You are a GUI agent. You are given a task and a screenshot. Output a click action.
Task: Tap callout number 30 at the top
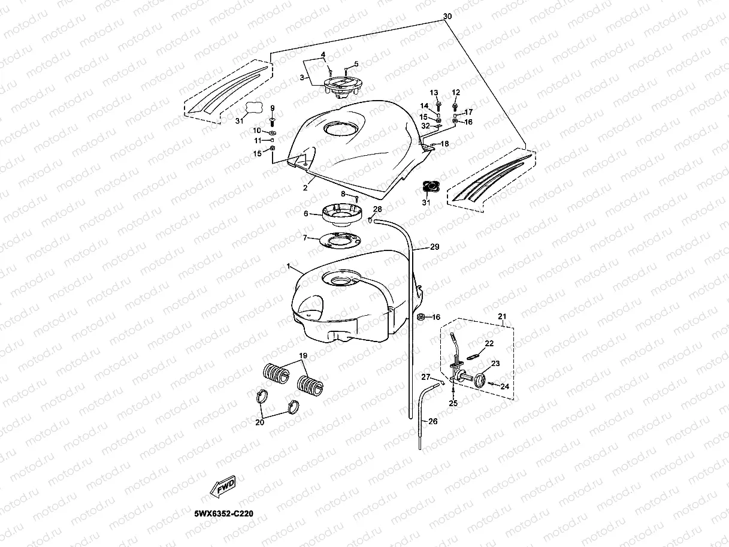(447, 17)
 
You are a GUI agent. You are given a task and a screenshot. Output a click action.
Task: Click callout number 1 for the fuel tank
(288, 265)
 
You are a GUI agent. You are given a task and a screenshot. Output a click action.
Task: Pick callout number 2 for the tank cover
(305, 188)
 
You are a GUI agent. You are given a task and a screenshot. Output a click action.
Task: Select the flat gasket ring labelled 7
(338, 240)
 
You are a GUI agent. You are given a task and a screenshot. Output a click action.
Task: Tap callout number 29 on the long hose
(434, 247)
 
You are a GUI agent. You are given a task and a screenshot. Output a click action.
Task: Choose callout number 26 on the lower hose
(433, 421)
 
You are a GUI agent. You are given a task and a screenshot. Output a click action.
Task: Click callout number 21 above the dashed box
(503, 316)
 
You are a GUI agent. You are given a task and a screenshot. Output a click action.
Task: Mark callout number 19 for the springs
(303, 356)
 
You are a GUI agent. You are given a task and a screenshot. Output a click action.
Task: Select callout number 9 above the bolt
(272, 108)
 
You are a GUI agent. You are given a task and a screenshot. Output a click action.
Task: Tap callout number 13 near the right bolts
(434, 93)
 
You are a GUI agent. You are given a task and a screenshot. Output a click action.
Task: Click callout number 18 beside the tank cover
(444, 144)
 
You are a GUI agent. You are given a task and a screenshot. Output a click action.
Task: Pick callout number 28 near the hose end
(377, 209)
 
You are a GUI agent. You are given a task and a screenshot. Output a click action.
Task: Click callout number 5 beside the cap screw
(356, 64)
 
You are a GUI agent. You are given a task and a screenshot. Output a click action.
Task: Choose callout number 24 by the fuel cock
(505, 386)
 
